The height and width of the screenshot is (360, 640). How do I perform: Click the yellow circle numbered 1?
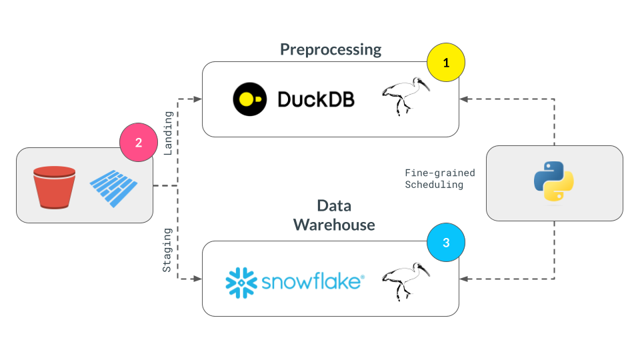446,63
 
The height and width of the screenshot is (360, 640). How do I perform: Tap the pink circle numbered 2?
138,142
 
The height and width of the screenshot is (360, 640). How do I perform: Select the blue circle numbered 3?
446,243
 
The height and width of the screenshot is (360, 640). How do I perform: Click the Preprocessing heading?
331,49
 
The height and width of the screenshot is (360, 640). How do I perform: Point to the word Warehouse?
335,225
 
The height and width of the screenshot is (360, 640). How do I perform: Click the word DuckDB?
316,100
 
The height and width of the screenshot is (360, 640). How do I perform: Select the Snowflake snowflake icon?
241,281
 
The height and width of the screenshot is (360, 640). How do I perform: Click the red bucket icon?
54,187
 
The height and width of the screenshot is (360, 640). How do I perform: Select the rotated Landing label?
168,133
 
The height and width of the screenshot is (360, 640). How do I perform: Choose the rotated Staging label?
168,250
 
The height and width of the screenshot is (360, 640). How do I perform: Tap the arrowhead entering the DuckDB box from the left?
197,100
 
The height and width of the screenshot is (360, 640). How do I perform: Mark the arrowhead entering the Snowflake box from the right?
464,279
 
